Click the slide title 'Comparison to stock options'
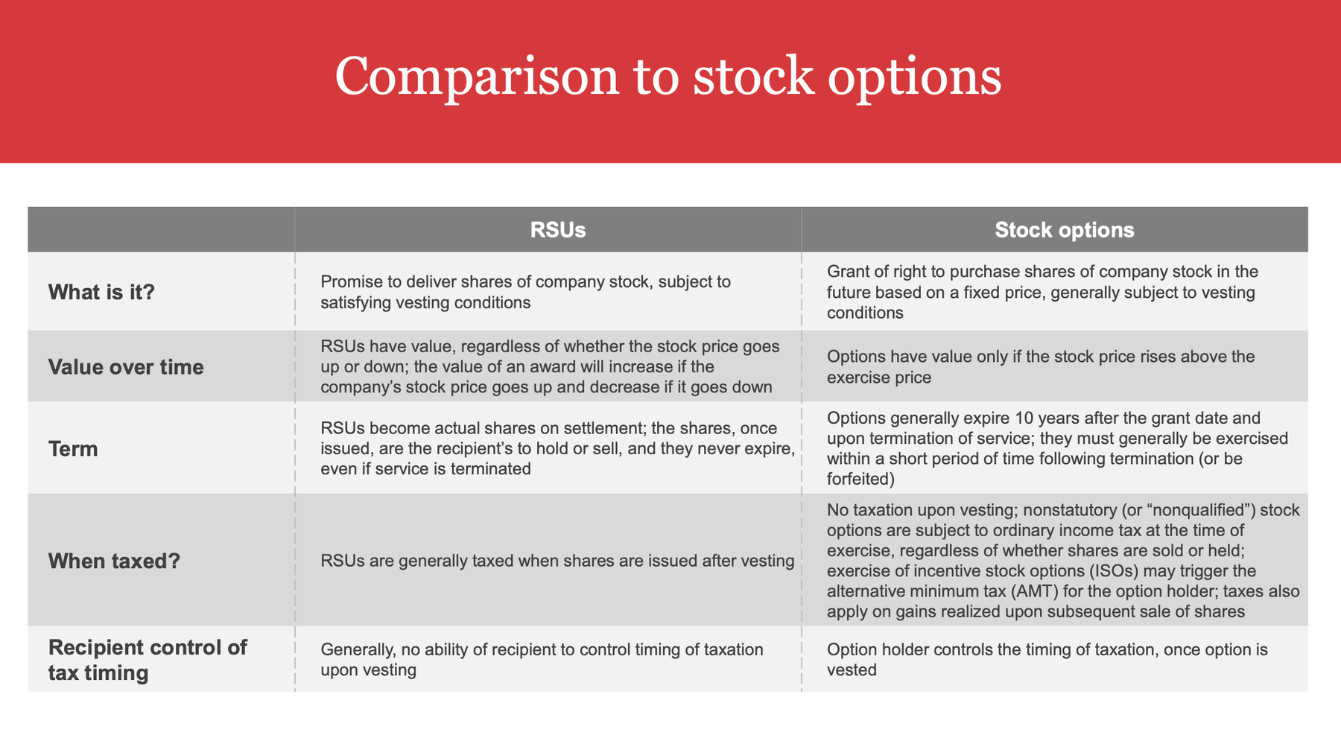(668, 77)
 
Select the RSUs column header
(558, 230)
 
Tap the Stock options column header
(1065, 230)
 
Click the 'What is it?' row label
(101, 292)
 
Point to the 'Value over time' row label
(126, 367)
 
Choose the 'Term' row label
(73, 449)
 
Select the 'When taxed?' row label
(114, 561)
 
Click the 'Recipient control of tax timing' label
(148, 660)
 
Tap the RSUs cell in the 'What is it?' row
(526, 292)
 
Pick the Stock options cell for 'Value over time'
(1041, 366)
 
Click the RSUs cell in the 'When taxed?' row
(557, 561)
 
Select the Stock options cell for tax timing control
(1047, 659)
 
